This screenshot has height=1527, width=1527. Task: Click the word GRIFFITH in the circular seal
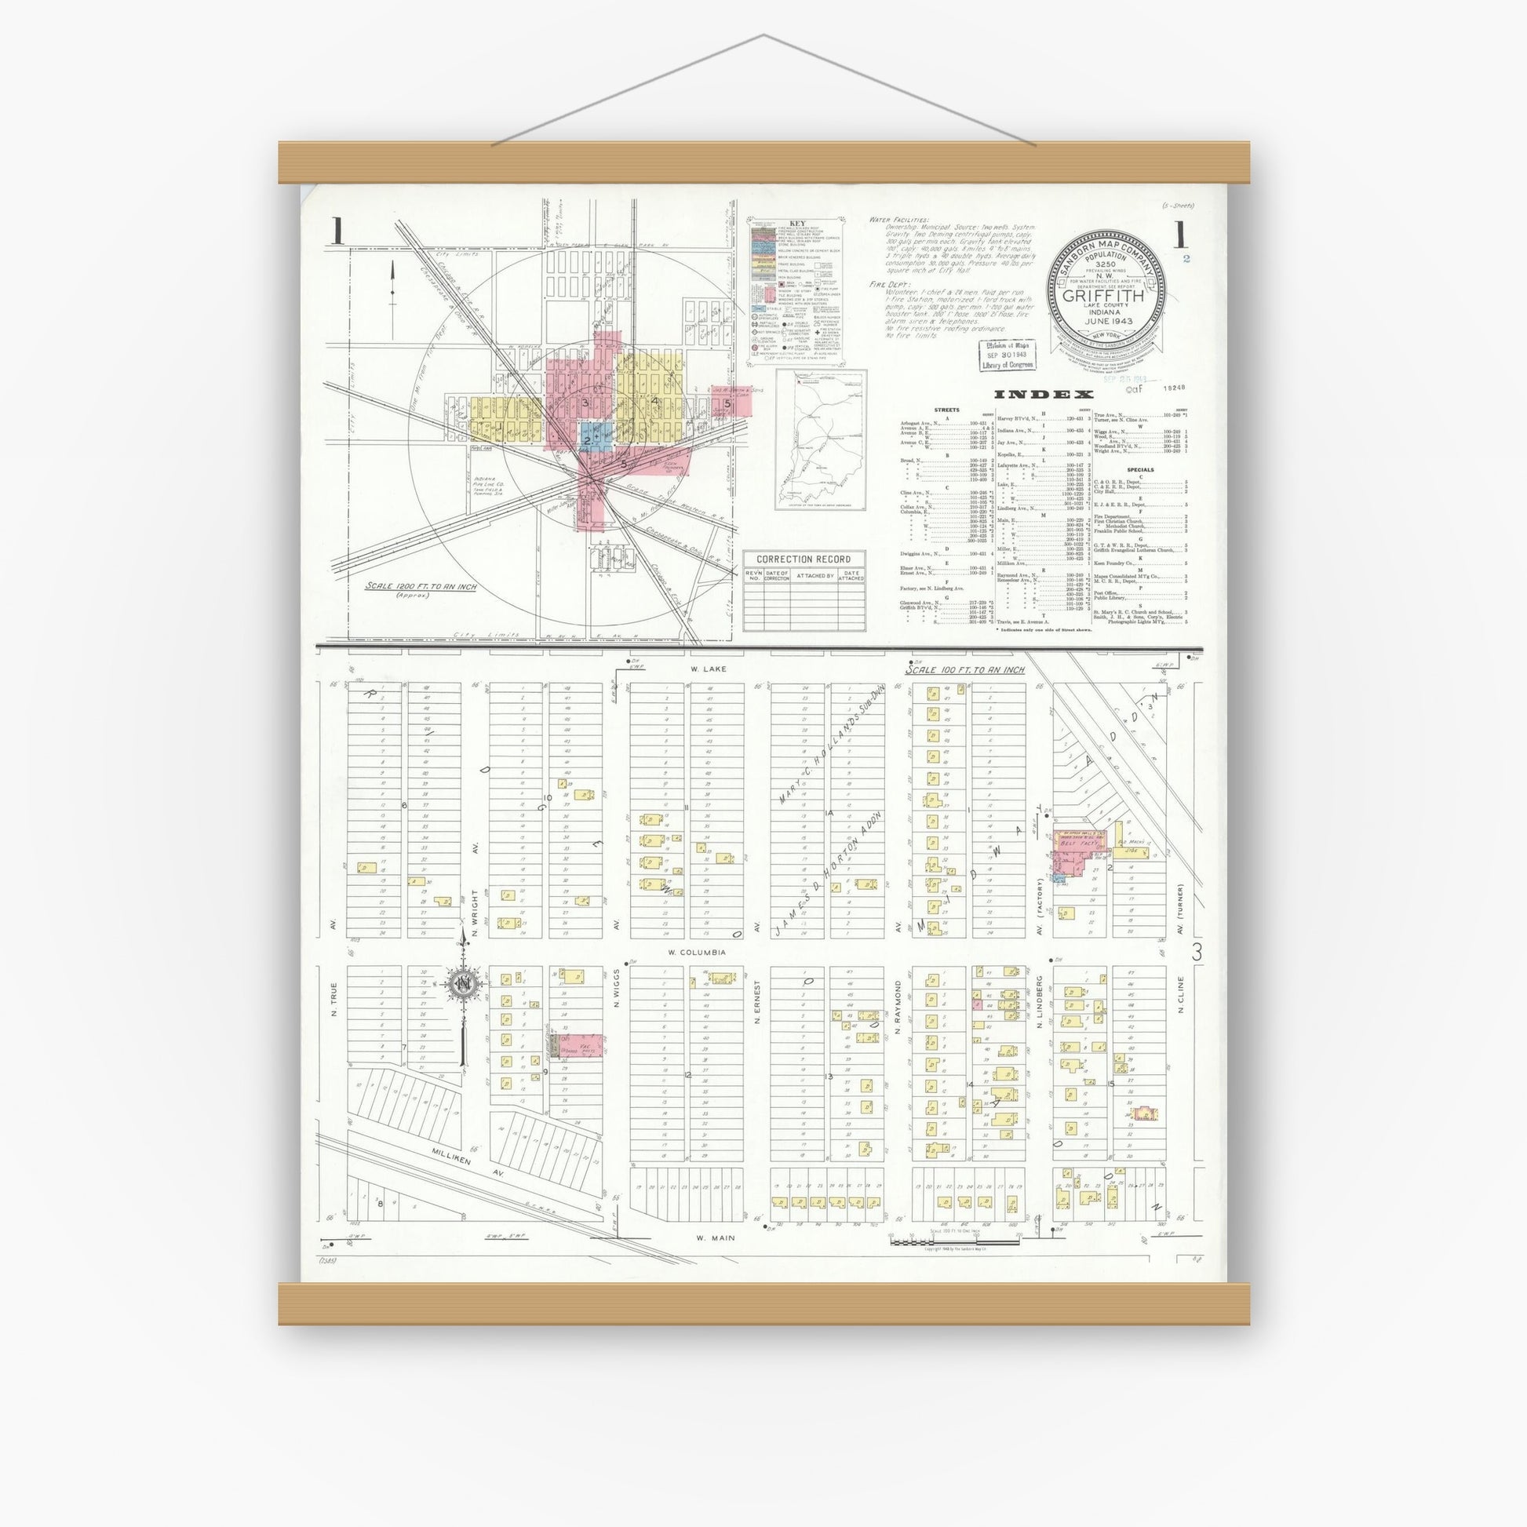click(x=1106, y=297)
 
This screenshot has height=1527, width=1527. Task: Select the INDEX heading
click(x=1044, y=395)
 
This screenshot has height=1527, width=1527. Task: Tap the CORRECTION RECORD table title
click(x=804, y=559)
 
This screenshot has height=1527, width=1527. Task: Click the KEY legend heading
click(x=795, y=224)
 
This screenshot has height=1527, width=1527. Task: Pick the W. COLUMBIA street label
click(x=697, y=953)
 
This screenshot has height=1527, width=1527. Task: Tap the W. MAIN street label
click(x=716, y=1238)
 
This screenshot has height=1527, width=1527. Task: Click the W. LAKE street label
click(x=706, y=669)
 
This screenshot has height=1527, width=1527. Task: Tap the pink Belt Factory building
click(x=1079, y=845)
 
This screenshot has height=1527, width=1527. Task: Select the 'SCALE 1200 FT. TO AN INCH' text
click(x=421, y=587)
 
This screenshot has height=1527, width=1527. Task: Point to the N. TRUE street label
click(x=334, y=1000)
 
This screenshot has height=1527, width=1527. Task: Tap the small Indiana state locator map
click(x=820, y=439)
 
